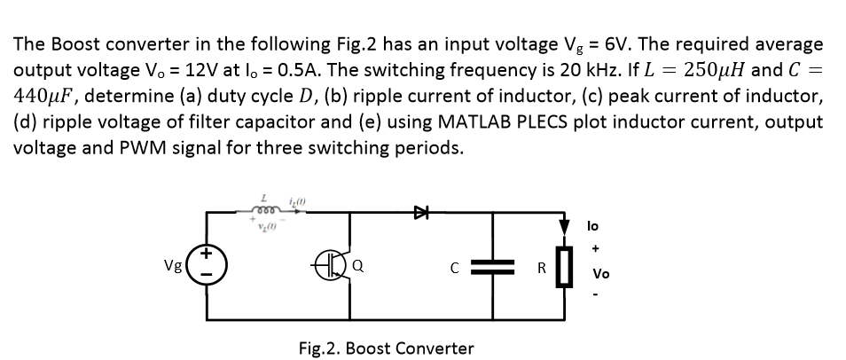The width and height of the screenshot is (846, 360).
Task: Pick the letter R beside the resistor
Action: pos(537,267)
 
